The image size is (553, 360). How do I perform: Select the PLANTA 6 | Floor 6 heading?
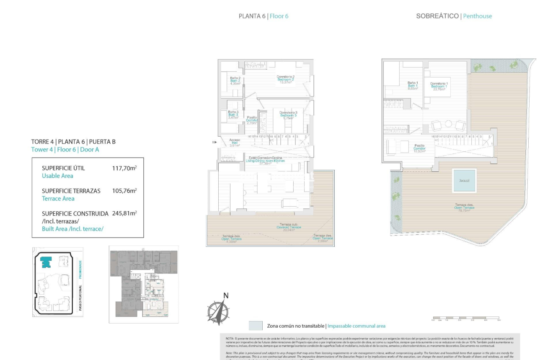264,16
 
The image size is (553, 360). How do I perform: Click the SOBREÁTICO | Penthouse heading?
454,16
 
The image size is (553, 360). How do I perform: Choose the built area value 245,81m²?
124,213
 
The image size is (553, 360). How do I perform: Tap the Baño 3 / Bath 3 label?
233,115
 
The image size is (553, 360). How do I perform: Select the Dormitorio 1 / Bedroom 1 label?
439,86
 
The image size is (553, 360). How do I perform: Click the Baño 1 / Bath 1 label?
413,85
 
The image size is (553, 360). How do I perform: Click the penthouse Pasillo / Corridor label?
419,148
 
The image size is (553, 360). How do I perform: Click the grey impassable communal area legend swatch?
256,326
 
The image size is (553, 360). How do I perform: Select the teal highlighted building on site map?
46,262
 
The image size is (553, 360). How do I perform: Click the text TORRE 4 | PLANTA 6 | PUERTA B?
73,142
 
